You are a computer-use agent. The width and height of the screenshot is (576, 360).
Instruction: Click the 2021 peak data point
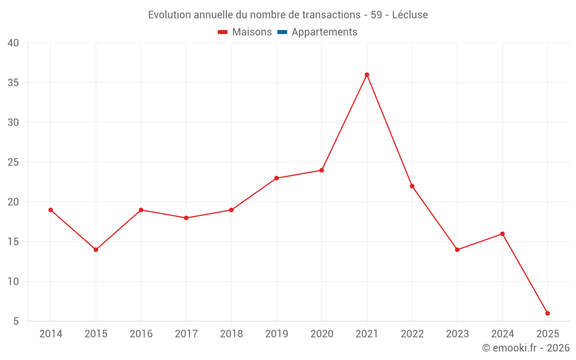coord(367,75)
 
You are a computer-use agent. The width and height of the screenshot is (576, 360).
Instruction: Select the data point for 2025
coord(547,313)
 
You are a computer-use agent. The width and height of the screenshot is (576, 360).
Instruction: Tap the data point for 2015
coord(96,249)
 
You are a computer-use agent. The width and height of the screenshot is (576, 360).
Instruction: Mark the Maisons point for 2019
coord(276,178)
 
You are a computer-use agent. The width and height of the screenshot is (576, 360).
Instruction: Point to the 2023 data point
coord(457,249)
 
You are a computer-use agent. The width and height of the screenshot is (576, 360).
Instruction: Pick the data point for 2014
coord(51,210)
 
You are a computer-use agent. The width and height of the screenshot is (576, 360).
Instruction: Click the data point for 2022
coord(412,186)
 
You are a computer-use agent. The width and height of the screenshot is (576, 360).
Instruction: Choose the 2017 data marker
coord(186,218)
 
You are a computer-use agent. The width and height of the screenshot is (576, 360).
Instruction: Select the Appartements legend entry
coord(324,32)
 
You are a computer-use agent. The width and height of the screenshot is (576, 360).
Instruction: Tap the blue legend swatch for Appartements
coord(282,32)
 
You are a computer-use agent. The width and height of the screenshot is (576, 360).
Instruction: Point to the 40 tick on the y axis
coord(13,43)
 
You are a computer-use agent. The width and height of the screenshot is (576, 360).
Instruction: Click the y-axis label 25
coord(13,162)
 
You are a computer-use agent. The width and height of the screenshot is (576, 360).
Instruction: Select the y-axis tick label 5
coord(16,321)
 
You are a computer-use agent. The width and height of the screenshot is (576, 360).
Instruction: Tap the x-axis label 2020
coord(321,334)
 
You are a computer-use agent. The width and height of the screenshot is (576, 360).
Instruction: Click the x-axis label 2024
coord(502,334)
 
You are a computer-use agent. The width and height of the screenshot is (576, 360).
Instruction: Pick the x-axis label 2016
coord(141,334)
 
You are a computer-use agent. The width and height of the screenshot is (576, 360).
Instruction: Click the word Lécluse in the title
coord(410,15)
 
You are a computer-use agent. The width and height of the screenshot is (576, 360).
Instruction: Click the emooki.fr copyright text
coord(526,348)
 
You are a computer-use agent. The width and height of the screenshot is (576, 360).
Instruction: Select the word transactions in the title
coord(332,15)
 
